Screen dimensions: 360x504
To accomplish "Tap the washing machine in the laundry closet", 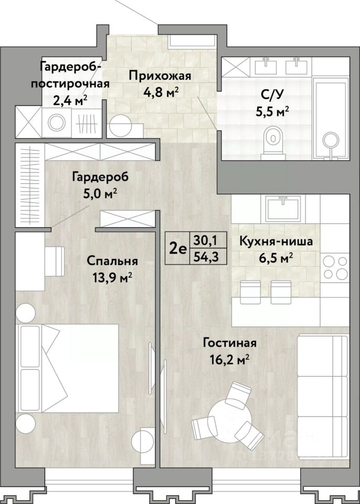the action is click(x=57, y=122).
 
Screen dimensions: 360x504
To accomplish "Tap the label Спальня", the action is click(x=112, y=261).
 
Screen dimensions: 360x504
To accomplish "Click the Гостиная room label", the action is click(x=229, y=343).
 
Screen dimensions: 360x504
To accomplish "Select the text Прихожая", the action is click(x=160, y=76).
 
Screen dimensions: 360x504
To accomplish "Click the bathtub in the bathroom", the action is click(x=331, y=117).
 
